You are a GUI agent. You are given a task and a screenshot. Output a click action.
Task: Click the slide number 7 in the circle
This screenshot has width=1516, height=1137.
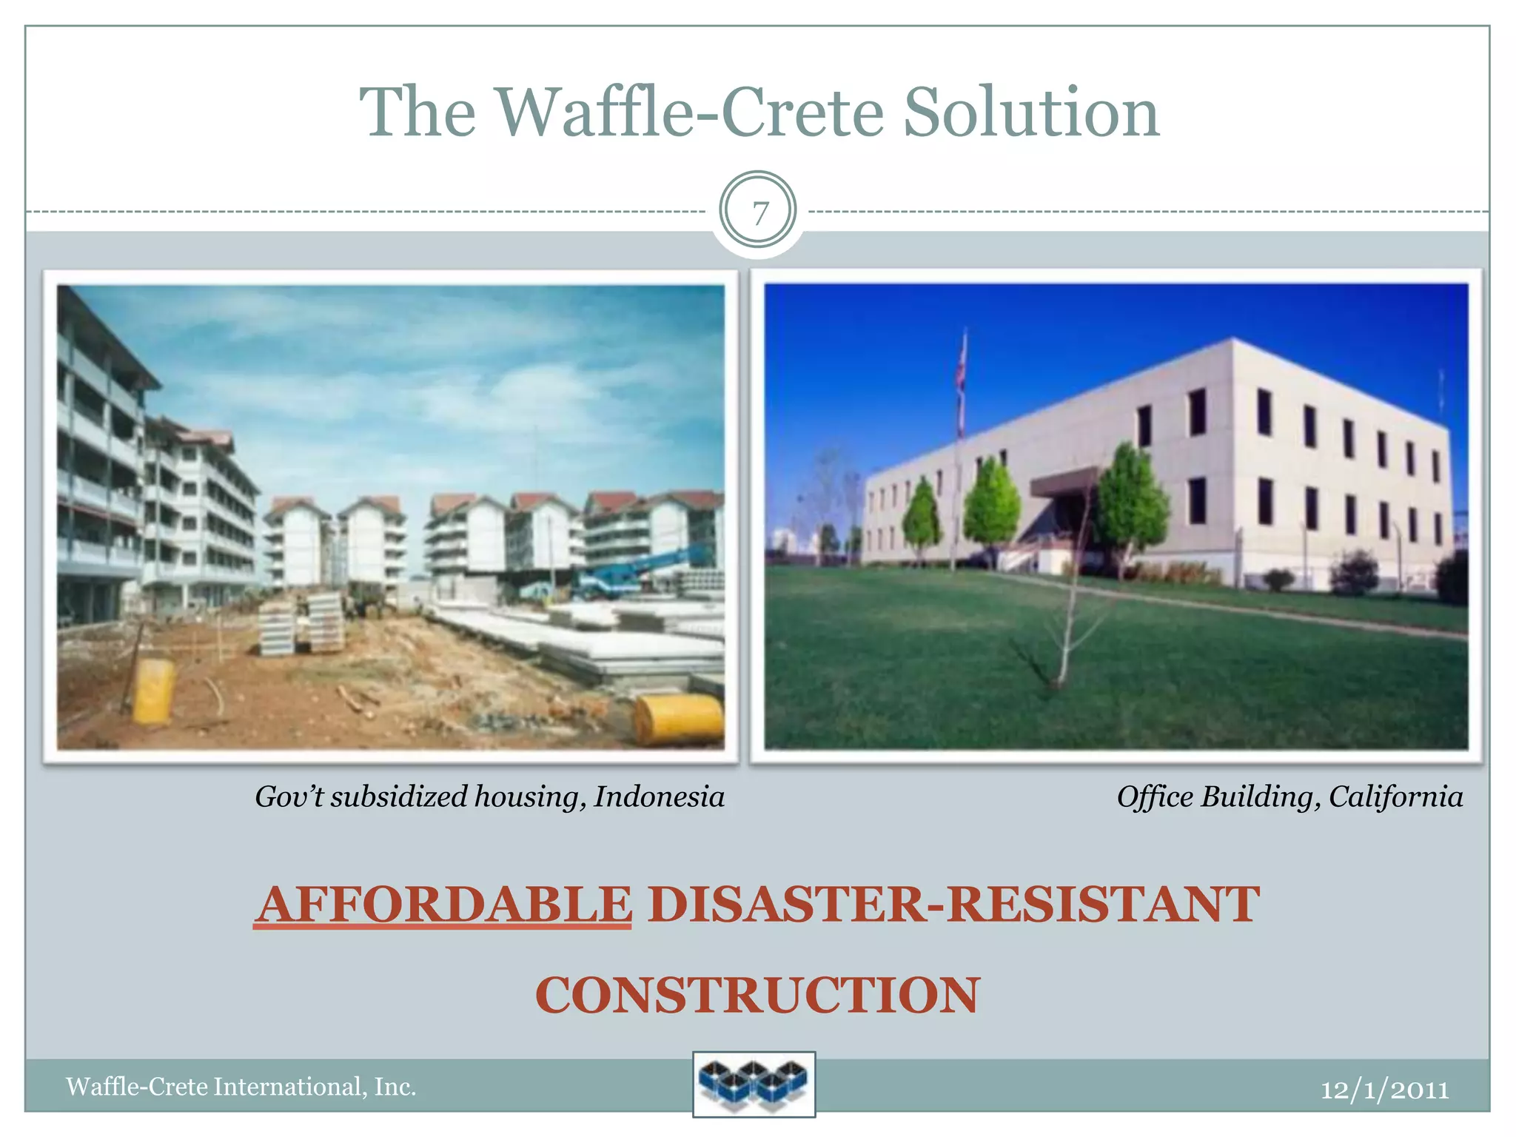click(759, 213)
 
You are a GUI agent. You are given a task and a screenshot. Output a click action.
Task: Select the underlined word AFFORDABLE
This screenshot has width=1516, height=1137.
click(443, 904)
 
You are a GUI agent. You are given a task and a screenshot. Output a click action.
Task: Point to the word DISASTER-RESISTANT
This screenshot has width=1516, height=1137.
click(953, 904)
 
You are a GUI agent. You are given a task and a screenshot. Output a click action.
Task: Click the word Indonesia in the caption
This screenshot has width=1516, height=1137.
click(659, 796)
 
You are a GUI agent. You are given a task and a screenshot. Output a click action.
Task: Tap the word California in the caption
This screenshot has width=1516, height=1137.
click(1395, 796)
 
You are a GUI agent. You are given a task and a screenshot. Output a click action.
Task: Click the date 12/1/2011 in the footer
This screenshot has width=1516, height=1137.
click(1384, 1089)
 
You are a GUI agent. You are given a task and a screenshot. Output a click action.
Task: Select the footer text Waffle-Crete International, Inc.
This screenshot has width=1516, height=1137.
click(241, 1086)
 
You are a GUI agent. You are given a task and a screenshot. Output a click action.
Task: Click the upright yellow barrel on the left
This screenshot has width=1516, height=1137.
click(154, 691)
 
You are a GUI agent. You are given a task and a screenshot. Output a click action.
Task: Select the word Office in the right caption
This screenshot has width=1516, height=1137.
click(1156, 796)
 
